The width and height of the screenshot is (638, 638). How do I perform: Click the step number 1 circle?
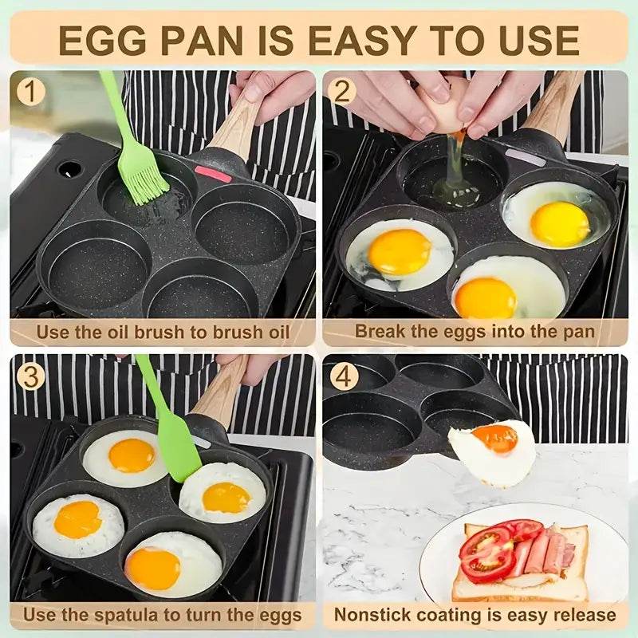pos(30,92)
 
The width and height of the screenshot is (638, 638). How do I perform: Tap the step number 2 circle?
pos(341,92)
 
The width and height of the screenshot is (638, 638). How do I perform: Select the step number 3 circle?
pos(30,376)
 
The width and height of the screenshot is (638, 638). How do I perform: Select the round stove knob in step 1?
pos(70,170)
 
